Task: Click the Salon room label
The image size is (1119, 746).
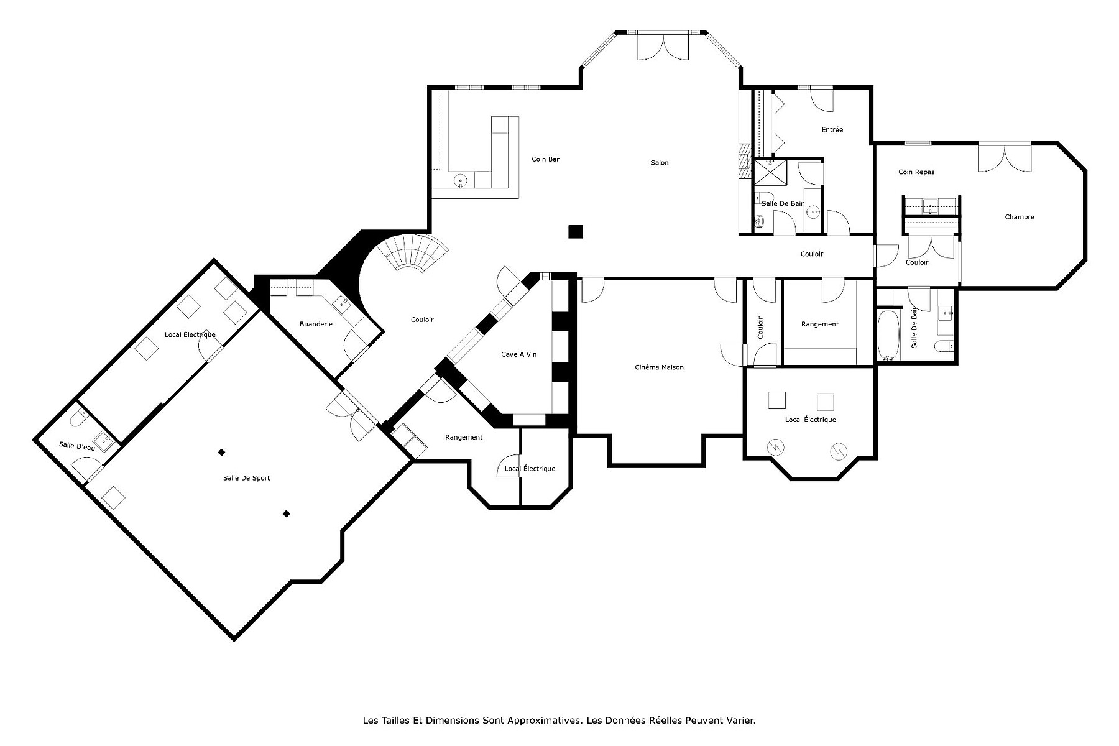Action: coord(660,163)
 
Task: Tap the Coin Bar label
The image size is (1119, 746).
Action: coord(545,159)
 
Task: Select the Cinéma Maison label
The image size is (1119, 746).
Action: coord(659,367)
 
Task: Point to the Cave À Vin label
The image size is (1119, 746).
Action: coord(518,354)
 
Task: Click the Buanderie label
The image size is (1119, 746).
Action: coord(316,324)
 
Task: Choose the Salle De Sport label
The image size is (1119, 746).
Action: coord(246,478)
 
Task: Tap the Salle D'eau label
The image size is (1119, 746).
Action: coord(77,446)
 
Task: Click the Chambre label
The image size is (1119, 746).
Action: coord(1020,217)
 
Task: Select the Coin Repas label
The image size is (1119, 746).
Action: coord(916,172)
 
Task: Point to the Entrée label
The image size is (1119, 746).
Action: coord(832,130)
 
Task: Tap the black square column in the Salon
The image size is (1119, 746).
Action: coord(576,231)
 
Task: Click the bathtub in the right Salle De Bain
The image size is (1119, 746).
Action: coord(888,336)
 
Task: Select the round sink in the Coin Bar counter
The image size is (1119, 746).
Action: coord(461,180)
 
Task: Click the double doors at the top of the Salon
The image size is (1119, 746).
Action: coord(663,47)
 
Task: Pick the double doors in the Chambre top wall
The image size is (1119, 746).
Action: coord(1004,158)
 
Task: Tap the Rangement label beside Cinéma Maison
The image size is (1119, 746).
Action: coord(819,324)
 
